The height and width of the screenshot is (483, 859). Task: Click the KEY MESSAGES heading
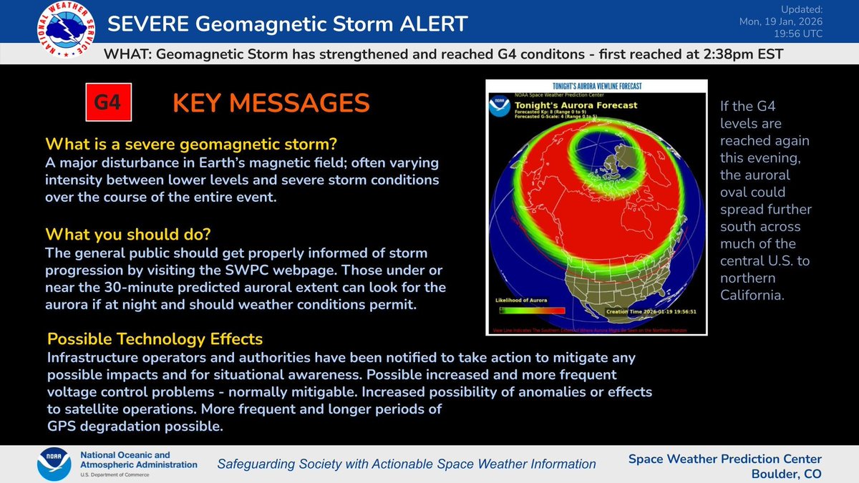tap(271, 103)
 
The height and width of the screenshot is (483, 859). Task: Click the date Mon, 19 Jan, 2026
tap(780, 21)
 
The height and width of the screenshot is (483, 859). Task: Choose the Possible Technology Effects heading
tap(155, 338)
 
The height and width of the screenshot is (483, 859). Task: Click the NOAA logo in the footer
tap(54, 464)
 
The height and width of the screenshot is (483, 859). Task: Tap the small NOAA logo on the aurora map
tap(499, 108)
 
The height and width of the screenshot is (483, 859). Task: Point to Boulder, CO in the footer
tap(786, 473)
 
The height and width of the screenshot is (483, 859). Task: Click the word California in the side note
tap(754, 295)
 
